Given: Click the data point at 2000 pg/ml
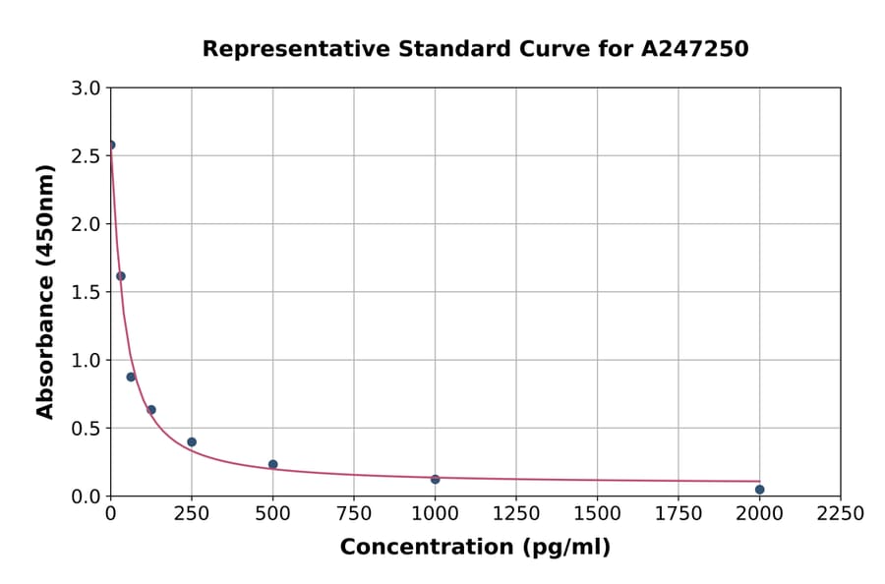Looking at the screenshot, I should click(x=759, y=490).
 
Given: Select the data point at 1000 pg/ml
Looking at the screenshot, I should click(x=435, y=479).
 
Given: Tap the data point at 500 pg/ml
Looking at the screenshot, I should click(x=272, y=464).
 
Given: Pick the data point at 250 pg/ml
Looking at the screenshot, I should click(x=192, y=442).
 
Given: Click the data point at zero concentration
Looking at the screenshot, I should click(x=111, y=145).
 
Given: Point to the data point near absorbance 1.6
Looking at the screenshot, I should click(x=121, y=276).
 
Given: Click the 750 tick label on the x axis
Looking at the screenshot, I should click(x=354, y=513).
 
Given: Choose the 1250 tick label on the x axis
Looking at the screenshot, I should click(x=515, y=513).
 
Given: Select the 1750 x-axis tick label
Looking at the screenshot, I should click(x=678, y=513).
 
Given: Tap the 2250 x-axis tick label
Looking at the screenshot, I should click(x=840, y=513).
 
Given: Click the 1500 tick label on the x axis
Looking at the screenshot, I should click(x=597, y=513).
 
